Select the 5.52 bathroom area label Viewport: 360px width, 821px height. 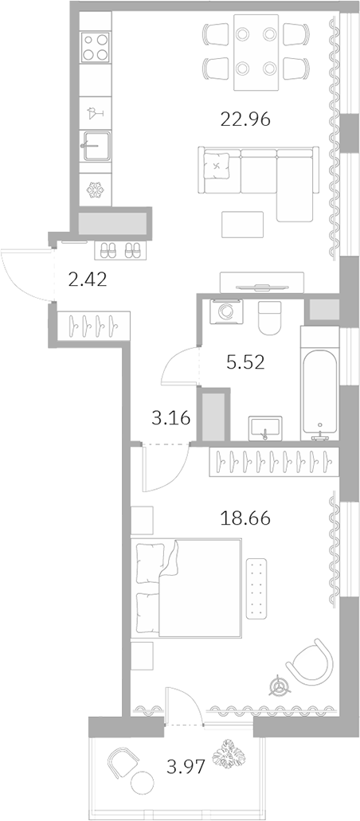click(x=245, y=362)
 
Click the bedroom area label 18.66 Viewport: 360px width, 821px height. click(x=245, y=518)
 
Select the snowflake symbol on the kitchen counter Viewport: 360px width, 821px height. click(x=96, y=190)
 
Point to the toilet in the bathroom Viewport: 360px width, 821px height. click(x=271, y=317)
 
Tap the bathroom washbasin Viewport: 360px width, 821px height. click(x=264, y=428)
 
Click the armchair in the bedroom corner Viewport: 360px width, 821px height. click(x=307, y=661)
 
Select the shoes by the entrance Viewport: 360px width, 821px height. click(x=120, y=251)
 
